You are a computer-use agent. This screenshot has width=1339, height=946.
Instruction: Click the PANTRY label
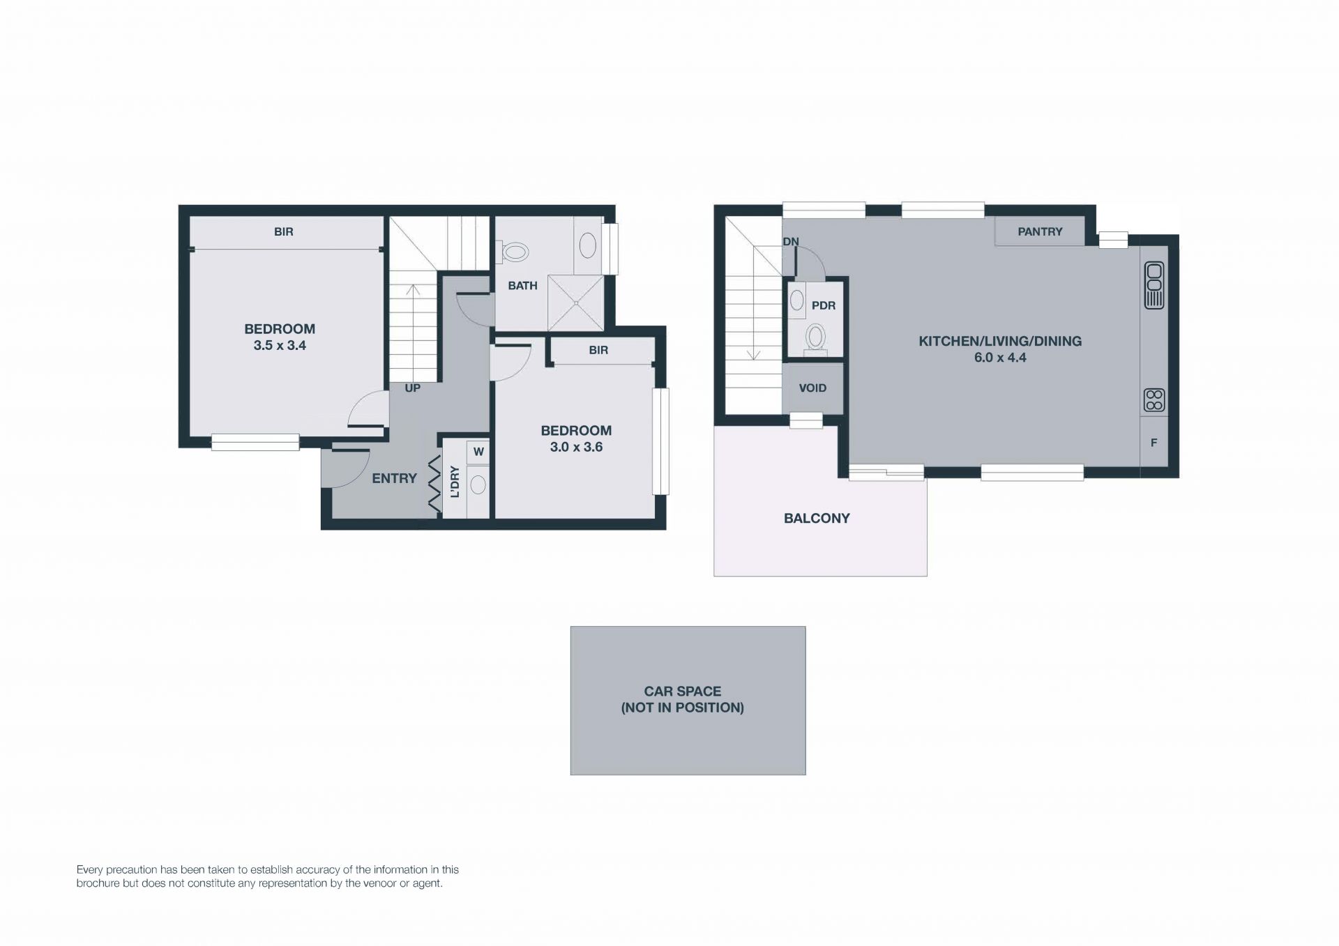pyautogui.click(x=1040, y=231)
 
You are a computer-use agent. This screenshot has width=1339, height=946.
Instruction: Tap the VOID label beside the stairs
pyautogui.click(x=812, y=388)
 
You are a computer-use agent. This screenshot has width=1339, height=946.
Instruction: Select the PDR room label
pyautogui.click(x=824, y=305)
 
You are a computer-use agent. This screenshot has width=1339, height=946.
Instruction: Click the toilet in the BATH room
pyautogui.click(x=513, y=252)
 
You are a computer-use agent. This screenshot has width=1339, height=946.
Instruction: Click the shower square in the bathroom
pyautogui.click(x=575, y=303)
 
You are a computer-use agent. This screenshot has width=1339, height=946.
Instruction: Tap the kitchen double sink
pyautogui.click(x=1154, y=285)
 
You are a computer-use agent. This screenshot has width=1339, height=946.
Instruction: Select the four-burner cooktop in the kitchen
pyautogui.click(x=1154, y=400)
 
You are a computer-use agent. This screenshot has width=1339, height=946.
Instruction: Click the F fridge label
pyautogui.click(x=1154, y=443)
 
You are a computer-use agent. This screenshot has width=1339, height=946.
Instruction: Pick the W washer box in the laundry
pyautogui.click(x=478, y=452)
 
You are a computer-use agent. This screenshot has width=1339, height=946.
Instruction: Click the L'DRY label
pyautogui.click(x=455, y=482)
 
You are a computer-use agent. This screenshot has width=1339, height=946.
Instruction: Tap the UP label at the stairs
pyautogui.click(x=413, y=388)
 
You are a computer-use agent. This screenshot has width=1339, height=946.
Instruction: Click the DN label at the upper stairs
pyautogui.click(x=791, y=242)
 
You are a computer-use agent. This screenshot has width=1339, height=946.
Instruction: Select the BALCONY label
pyautogui.click(x=817, y=519)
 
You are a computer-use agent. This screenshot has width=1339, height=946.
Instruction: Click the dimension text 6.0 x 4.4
pyautogui.click(x=1000, y=358)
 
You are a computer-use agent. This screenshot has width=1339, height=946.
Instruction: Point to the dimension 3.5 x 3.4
pyautogui.click(x=280, y=345)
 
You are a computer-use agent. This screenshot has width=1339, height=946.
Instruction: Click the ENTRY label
pyautogui.click(x=394, y=478)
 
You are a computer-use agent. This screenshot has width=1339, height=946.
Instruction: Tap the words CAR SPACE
pyautogui.click(x=683, y=692)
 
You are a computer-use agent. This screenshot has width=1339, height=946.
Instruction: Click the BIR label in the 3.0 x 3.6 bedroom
pyautogui.click(x=598, y=350)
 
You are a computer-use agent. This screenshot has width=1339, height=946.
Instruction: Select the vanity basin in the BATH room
pyautogui.click(x=588, y=245)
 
